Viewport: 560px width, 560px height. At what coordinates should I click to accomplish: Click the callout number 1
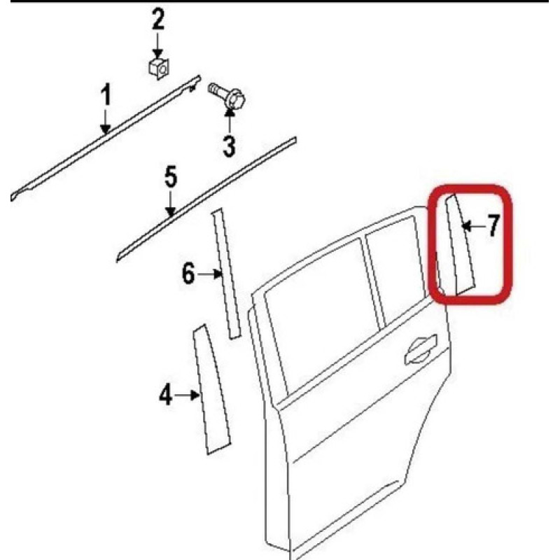click(x=106, y=94)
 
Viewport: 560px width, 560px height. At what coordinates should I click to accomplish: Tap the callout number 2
click(x=158, y=20)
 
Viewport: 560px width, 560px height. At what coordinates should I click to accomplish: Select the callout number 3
click(x=229, y=146)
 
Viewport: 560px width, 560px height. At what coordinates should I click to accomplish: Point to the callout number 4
click(x=165, y=395)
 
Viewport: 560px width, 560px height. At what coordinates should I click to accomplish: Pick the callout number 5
click(x=171, y=177)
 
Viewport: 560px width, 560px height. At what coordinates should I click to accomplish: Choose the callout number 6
click(x=188, y=274)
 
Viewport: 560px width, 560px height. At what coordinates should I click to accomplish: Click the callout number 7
click(x=493, y=225)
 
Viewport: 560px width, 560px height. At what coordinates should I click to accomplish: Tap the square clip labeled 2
click(x=159, y=68)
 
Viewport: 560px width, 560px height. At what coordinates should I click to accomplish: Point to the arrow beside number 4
click(x=187, y=395)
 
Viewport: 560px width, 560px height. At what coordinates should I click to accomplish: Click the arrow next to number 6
click(x=209, y=274)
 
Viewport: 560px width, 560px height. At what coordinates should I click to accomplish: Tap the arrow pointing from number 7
click(x=472, y=225)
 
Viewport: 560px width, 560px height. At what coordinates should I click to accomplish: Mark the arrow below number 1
click(x=105, y=121)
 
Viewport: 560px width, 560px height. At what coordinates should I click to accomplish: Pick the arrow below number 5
click(x=171, y=204)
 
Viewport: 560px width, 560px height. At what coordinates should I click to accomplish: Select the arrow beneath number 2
click(x=157, y=45)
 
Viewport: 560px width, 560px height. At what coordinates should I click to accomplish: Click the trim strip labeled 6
click(x=226, y=273)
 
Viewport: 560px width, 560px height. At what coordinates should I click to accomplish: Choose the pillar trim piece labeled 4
click(x=211, y=389)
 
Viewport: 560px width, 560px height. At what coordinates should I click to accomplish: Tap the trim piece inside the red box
click(x=460, y=245)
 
